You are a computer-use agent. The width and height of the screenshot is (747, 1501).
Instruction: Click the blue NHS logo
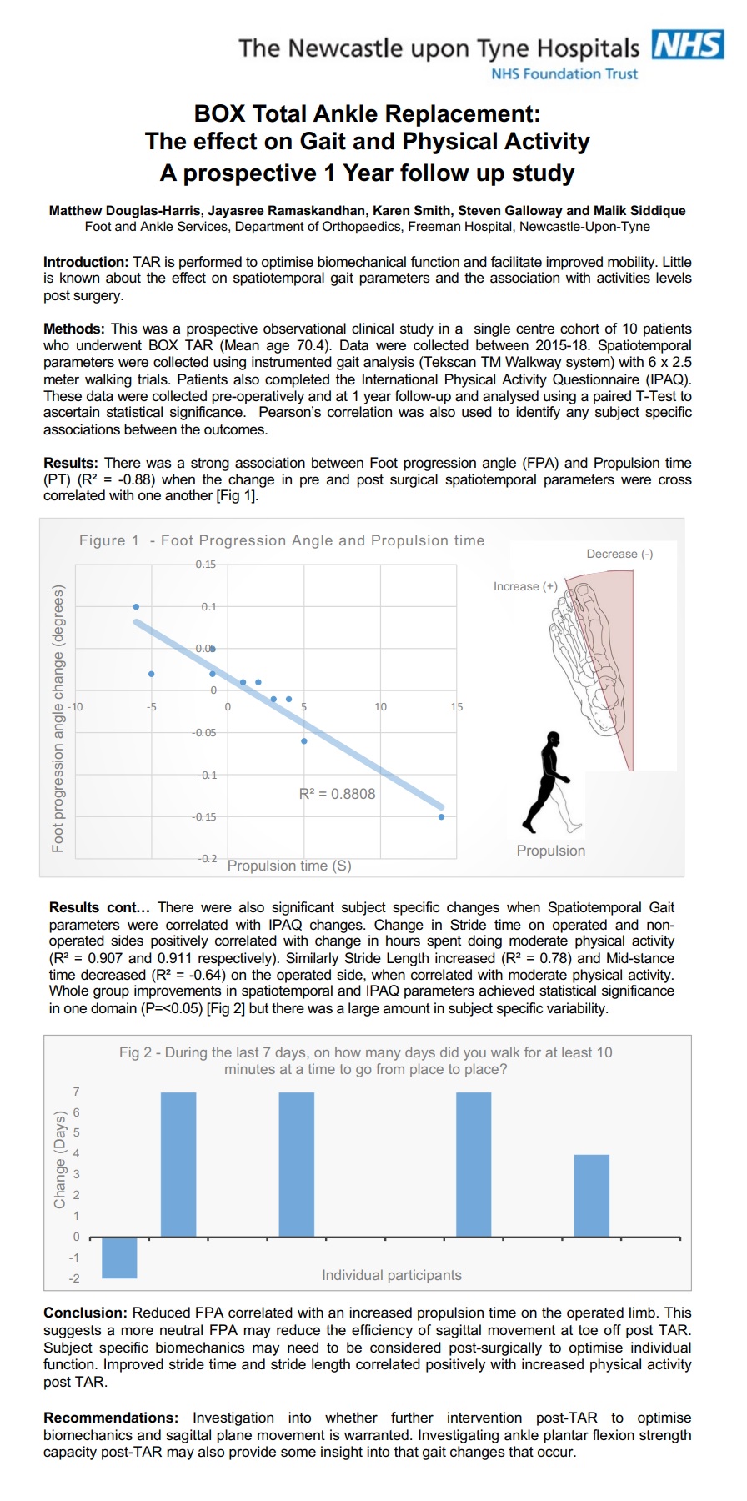tap(687, 45)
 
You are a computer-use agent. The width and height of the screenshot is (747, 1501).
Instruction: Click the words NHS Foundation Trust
tap(564, 74)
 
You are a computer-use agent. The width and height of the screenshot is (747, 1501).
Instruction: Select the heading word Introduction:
tap(86, 262)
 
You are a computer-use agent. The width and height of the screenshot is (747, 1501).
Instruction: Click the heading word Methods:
tap(74, 329)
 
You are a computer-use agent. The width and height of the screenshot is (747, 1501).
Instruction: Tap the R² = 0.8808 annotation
tap(337, 794)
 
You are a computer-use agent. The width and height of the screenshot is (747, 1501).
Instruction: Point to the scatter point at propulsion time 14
tap(441, 816)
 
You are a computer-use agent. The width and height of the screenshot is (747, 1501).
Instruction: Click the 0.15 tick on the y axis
tap(205, 565)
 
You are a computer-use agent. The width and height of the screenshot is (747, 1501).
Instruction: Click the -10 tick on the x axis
tap(75, 706)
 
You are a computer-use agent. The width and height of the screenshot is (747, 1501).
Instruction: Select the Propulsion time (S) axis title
tap(289, 866)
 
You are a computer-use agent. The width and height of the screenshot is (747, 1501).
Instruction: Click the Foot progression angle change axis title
tap(58, 719)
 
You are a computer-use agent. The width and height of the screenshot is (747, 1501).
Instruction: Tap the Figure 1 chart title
tap(282, 540)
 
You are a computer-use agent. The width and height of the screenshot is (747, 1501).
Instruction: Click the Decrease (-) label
tap(619, 554)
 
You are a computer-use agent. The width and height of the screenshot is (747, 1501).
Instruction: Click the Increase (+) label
tap(525, 586)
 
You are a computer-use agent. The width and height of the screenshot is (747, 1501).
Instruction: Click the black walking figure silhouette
tap(547, 781)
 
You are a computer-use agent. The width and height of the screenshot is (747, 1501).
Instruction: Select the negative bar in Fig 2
tap(119, 1258)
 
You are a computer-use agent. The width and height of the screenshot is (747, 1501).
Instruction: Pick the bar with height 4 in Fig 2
tap(591, 1195)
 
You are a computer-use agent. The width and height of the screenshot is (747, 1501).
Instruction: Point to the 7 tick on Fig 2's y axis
tap(77, 1092)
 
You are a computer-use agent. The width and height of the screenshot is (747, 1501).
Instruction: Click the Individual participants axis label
tap(391, 1275)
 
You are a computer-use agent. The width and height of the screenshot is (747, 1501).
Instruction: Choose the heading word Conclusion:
tap(86, 1313)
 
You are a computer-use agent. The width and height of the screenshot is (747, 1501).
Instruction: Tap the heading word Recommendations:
tap(111, 1418)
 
